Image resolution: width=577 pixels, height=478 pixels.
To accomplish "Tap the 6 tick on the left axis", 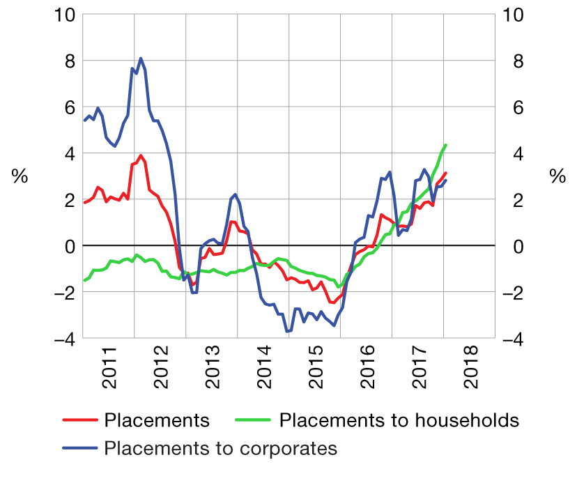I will click(68, 107).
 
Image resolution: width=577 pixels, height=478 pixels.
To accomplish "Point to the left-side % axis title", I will click(20, 177).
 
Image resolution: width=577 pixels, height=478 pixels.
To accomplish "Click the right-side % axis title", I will click(557, 177).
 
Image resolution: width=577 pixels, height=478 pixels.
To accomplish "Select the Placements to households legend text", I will click(399, 420).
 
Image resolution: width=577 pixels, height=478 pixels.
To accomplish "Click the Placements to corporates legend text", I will click(220, 447).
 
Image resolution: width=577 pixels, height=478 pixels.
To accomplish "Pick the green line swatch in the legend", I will click(255, 420).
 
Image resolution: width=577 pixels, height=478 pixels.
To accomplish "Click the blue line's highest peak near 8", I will click(141, 59).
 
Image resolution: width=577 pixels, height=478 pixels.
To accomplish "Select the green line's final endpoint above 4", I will click(445, 145).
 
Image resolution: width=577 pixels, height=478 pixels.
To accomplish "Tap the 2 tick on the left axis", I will click(68, 200).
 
